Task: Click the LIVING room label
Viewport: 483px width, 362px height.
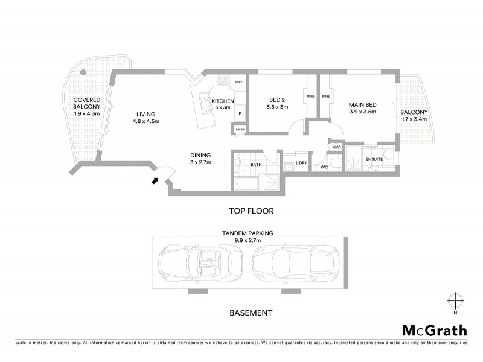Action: point(146,114)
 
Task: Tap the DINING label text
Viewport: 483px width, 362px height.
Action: point(200,154)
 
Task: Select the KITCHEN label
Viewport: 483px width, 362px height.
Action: point(222,100)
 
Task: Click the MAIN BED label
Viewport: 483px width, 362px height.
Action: point(362,104)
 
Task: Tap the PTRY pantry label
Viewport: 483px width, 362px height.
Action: point(238,83)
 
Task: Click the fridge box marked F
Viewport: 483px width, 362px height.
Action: point(240,113)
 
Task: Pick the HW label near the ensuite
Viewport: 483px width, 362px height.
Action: point(336,147)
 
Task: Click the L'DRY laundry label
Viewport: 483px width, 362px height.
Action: point(301,163)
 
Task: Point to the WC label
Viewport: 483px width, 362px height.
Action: point(324,167)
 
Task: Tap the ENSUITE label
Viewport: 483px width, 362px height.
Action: point(374,159)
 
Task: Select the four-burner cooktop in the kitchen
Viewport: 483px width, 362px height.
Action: point(223,80)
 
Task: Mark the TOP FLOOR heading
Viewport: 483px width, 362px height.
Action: point(251,211)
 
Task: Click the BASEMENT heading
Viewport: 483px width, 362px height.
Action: point(251,313)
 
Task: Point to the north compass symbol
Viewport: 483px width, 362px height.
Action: point(455,301)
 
